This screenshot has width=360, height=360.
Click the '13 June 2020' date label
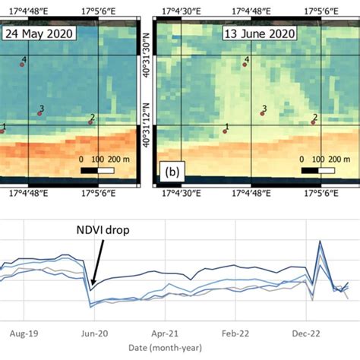(x=254, y=35)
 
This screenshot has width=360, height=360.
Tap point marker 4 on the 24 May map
(x=22, y=65)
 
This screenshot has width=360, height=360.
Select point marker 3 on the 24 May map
(x=39, y=114)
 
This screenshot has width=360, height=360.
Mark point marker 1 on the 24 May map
(x=2, y=131)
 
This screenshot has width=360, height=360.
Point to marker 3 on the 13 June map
(x=263, y=114)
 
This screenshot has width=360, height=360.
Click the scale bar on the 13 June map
(x=319, y=170)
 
